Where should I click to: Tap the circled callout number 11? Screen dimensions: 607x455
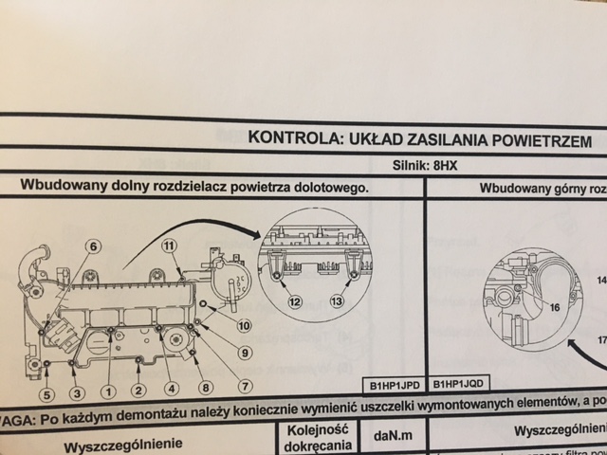[170, 247]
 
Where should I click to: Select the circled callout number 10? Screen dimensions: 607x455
[244, 327]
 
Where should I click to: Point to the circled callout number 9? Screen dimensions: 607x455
[244, 354]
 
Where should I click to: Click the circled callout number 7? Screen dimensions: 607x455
[244, 386]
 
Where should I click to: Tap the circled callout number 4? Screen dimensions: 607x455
[171, 387]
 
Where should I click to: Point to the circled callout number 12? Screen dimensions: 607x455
[296, 301]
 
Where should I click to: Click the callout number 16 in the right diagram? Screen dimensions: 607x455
[554, 307]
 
